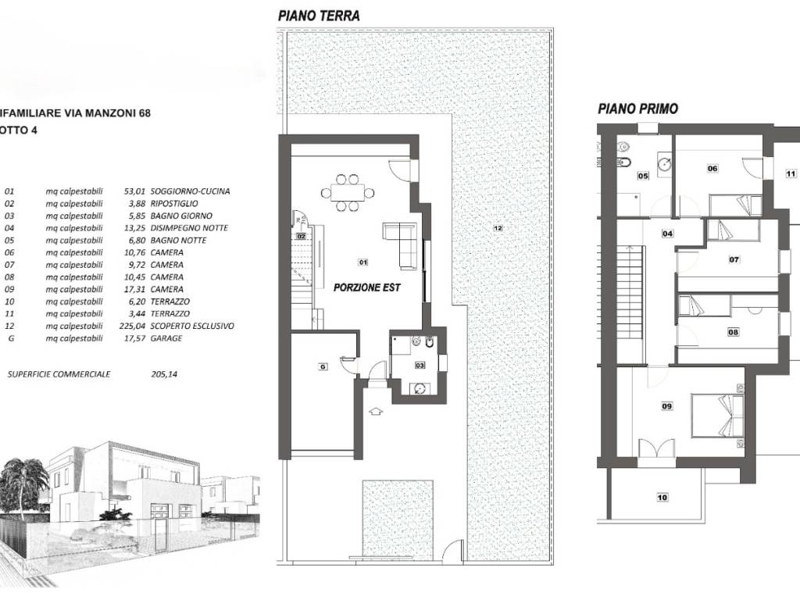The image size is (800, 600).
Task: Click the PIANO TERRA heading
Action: coord(319,16)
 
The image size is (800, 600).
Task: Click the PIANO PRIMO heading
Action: coord(637,109)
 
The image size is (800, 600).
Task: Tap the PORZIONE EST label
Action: coord(367,287)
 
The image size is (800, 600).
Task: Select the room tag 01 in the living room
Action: coord(362,262)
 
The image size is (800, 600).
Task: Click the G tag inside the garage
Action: coord(323,366)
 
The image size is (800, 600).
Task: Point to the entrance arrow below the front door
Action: coord(375,410)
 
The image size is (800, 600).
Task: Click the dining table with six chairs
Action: coord(348,193)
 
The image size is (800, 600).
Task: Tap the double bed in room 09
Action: coord(717,416)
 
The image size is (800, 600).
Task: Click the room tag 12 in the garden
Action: coord(498,228)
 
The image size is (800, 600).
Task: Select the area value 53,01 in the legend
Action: coord(134,191)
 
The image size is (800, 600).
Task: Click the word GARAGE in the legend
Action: coord(166,338)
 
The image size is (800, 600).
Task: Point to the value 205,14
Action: coord(164,374)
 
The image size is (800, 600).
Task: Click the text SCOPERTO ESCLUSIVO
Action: coord(192,326)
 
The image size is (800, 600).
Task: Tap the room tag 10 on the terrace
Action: coord(662,498)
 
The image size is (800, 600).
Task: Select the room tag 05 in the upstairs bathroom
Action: coord(643,176)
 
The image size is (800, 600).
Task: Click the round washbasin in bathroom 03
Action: coord(419,389)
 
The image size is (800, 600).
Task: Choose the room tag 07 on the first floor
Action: coord(734,259)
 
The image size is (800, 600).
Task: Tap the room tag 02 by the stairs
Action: coord(301,236)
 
